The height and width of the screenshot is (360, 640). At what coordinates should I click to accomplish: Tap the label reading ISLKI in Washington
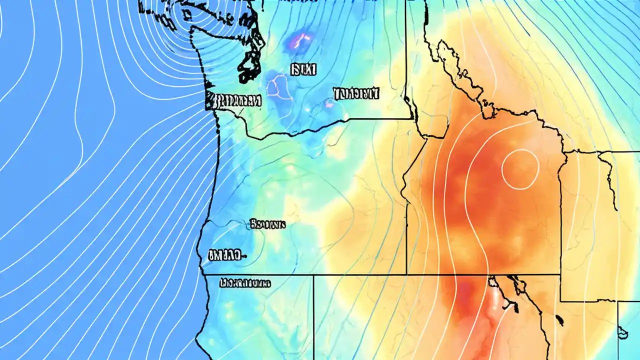pyautogui.click(x=303, y=69)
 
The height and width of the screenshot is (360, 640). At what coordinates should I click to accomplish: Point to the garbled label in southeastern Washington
pyautogui.click(x=356, y=93)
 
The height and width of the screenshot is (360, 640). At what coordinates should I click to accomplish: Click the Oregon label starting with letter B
pyautogui.click(x=267, y=224)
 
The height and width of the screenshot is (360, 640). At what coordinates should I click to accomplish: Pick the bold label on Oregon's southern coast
pyautogui.click(x=223, y=255)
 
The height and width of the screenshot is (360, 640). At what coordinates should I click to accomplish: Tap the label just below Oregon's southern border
pyautogui.click(x=245, y=283)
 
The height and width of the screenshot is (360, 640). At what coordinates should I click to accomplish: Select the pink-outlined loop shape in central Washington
pyautogui.click(x=278, y=86)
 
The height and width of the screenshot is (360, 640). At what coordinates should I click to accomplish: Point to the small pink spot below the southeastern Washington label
pyautogui.click(x=329, y=104)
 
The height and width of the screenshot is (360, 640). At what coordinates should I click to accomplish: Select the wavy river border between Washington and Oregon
pyautogui.click(x=300, y=131)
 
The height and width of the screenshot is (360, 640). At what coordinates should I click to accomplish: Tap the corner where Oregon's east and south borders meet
pyautogui.click(x=406, y=274)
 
